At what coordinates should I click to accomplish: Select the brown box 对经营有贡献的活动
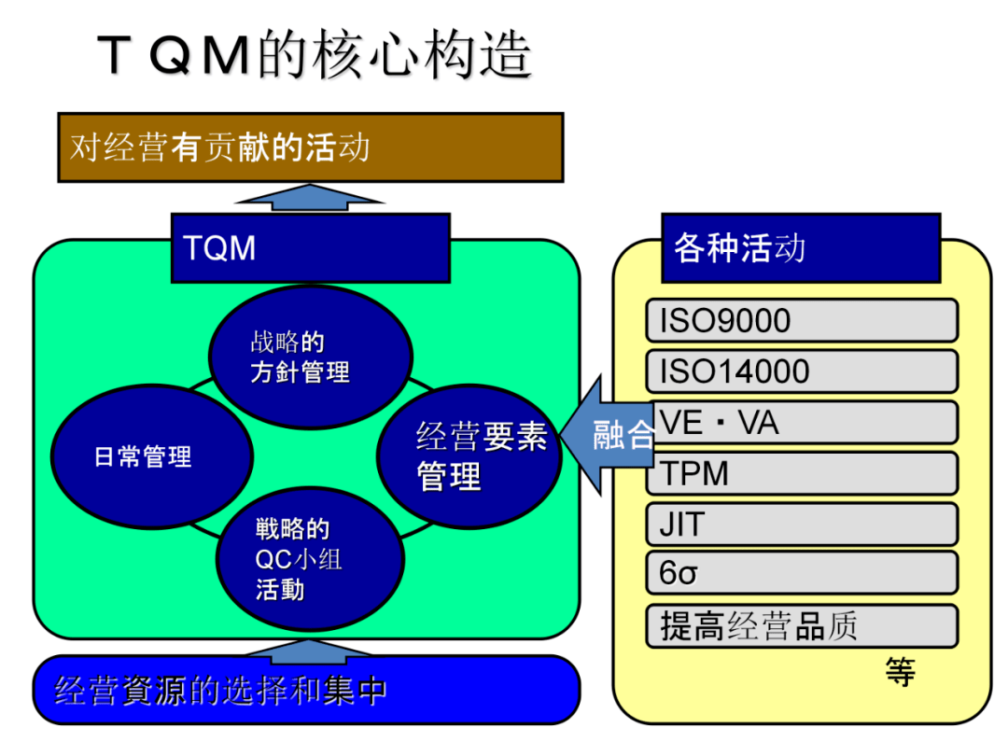pos(310,147)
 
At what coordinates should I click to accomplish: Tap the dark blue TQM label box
pos(310,248)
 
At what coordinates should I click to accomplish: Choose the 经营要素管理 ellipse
pos(469,455)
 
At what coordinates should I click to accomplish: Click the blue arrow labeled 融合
pos(612,435)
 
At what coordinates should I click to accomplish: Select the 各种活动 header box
pos(800,248)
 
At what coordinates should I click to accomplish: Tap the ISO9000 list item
pos(801,321)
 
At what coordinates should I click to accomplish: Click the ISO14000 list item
pos(801,371)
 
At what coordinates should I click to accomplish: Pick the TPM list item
pos(801,473)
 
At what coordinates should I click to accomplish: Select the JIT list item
pos(801,525)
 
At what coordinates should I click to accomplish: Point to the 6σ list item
pos(801,573)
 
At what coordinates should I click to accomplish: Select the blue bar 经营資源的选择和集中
pos(306,691)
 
